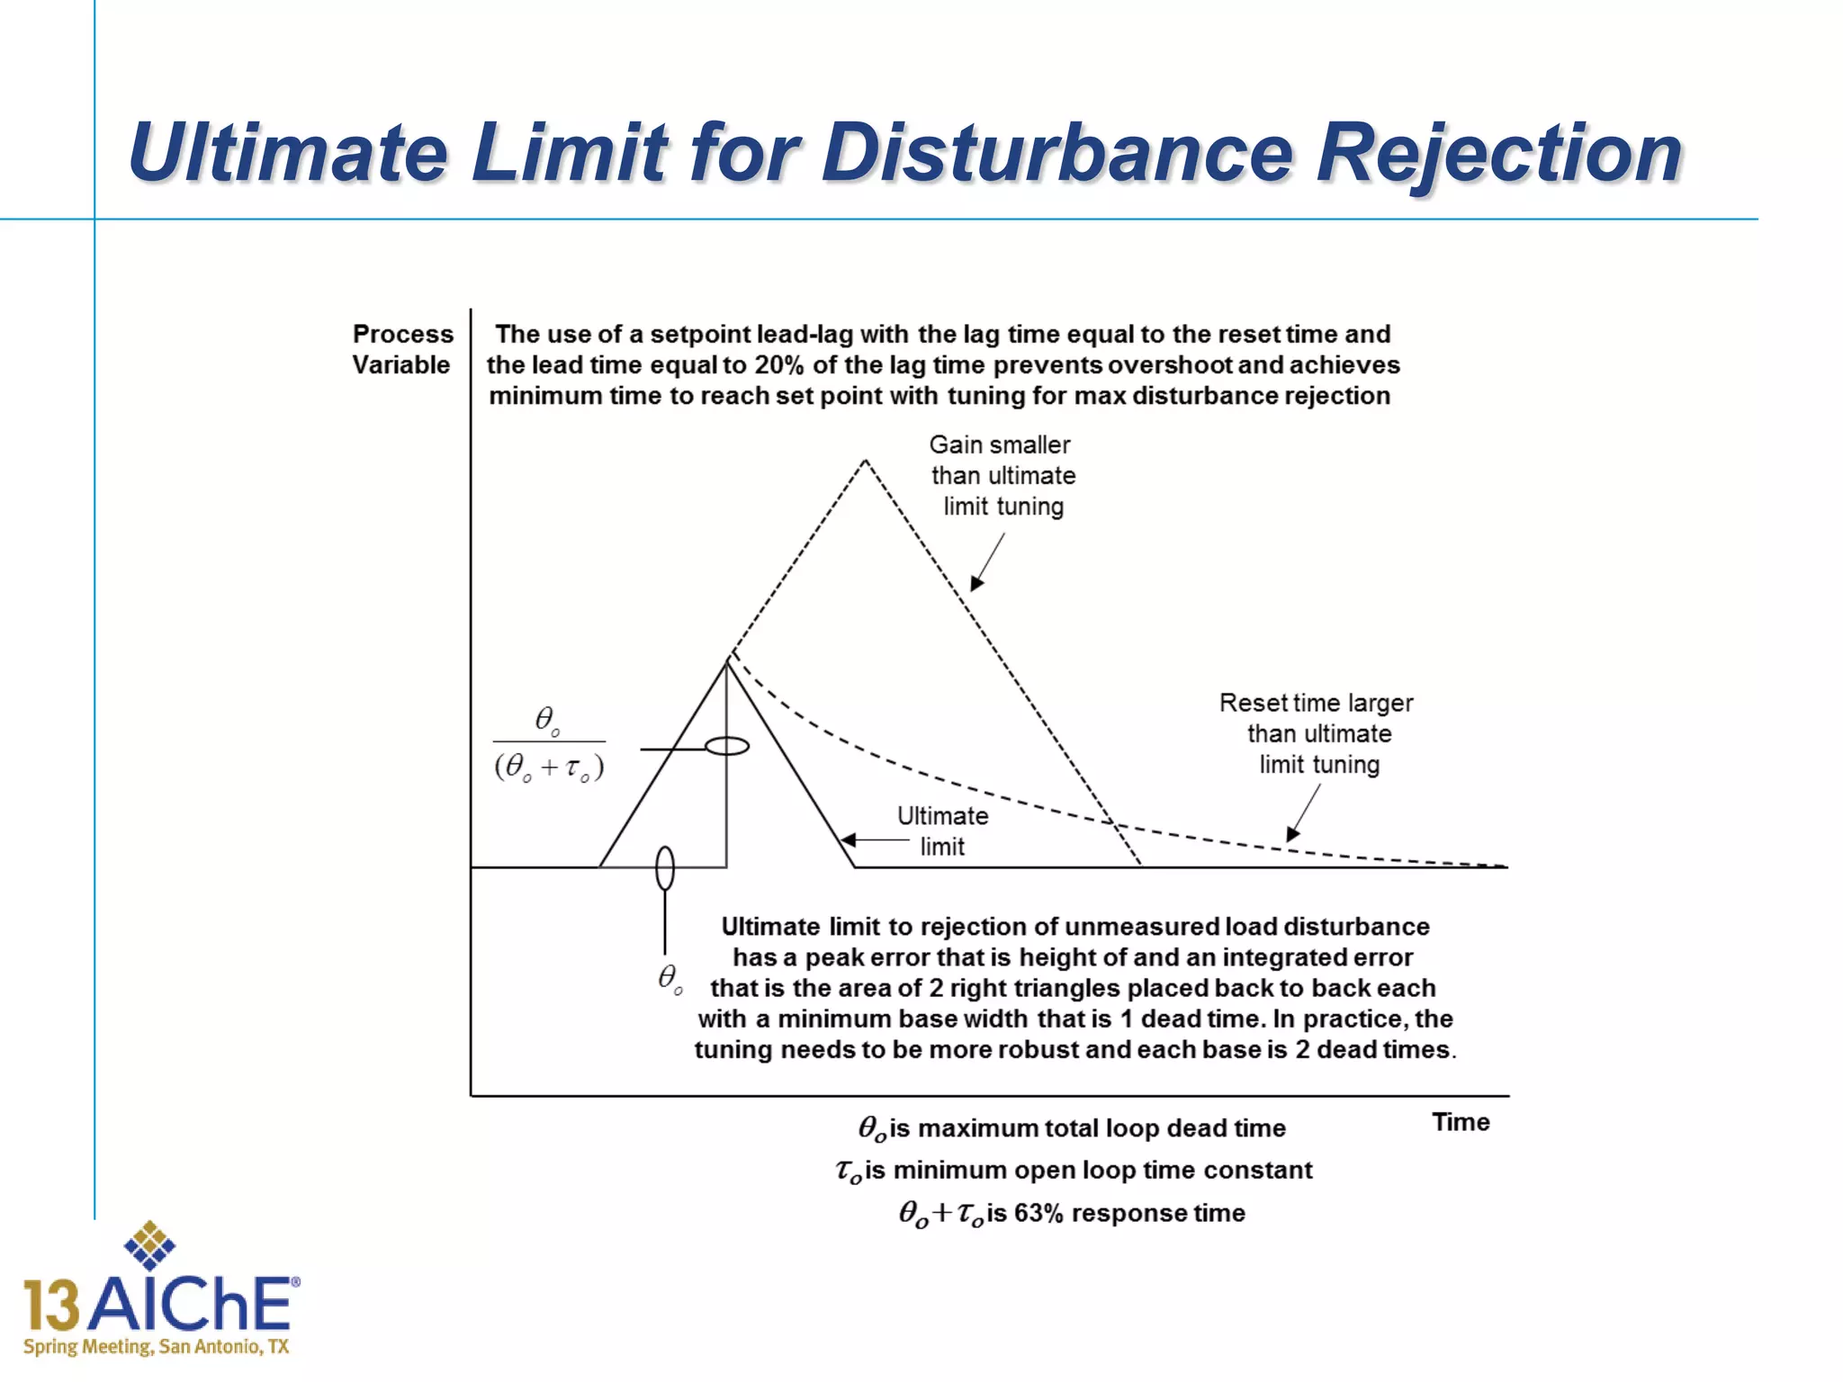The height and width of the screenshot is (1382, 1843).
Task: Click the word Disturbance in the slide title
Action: [x=1056, y=153]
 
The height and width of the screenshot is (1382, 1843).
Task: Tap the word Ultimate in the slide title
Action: [x=288, y=153]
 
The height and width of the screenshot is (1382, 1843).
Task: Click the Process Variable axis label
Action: [x=402, y=349]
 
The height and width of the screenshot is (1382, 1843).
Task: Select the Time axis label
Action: [x=1461, y=1122]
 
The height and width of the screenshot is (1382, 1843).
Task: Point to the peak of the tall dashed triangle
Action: [x=865, y=461]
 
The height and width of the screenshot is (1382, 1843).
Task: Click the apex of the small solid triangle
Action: [x=727, y=661]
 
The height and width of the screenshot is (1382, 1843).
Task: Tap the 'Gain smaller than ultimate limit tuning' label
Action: [x=1002, y=475]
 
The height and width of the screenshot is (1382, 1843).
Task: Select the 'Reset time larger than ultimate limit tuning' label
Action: [x=1317, y=733]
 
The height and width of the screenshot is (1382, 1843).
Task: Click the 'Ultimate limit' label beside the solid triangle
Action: [x=942, y=830]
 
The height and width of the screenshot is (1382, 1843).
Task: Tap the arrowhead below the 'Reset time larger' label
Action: [x=1293, y=833]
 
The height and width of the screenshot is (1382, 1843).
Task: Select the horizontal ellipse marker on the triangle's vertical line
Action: [x=726, y=747]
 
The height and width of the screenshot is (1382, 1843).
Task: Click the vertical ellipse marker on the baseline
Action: [x=665, y=868]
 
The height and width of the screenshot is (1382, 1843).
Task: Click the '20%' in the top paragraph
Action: [x=778, y=364]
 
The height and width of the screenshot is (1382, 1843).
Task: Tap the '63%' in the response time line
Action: [x=1038, y=1213]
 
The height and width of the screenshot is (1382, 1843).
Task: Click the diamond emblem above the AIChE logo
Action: [x=149, y=1245]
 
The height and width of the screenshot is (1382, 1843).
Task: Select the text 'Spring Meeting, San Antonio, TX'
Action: [x=157, y=1347]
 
